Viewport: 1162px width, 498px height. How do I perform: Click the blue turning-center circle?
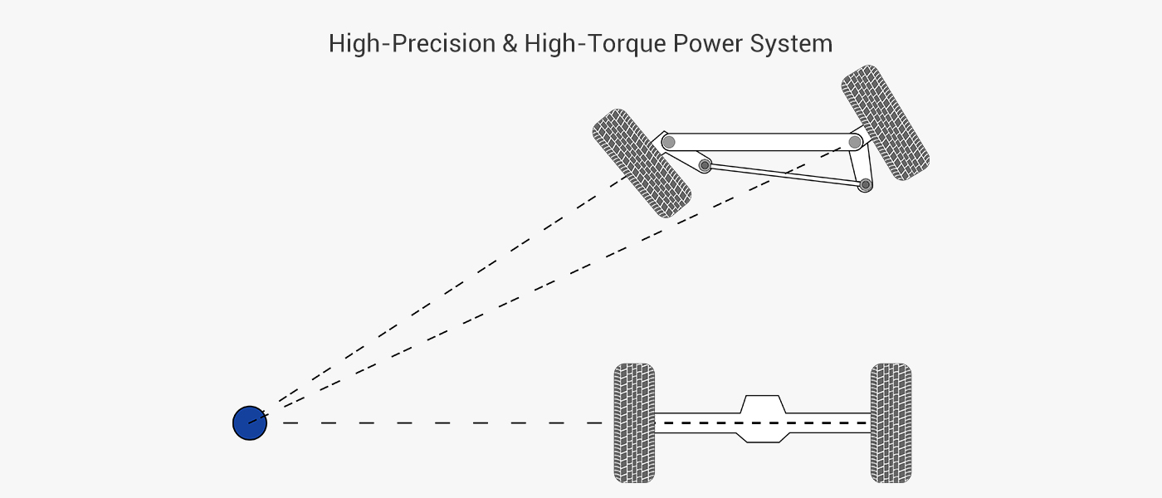[249, 423]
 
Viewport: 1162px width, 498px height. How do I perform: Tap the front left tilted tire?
[642, 164]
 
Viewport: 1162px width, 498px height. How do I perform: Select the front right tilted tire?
[885, 123]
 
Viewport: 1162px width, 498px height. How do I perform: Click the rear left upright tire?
[634, 423]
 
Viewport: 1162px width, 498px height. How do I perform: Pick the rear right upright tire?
[891, 423]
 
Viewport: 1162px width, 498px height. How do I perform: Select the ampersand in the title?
[509, 43]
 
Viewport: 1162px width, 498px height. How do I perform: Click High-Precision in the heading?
[412, 43]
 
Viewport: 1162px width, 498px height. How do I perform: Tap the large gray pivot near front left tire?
[669, 142]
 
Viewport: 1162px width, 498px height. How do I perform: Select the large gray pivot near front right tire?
[855, 142]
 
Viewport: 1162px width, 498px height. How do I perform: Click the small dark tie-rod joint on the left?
[705, 166]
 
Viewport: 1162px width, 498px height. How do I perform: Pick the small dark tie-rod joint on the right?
[865, 184]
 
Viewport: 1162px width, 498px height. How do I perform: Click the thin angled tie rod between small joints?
[784, 175]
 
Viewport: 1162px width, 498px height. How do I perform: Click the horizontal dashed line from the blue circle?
[440, 423]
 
